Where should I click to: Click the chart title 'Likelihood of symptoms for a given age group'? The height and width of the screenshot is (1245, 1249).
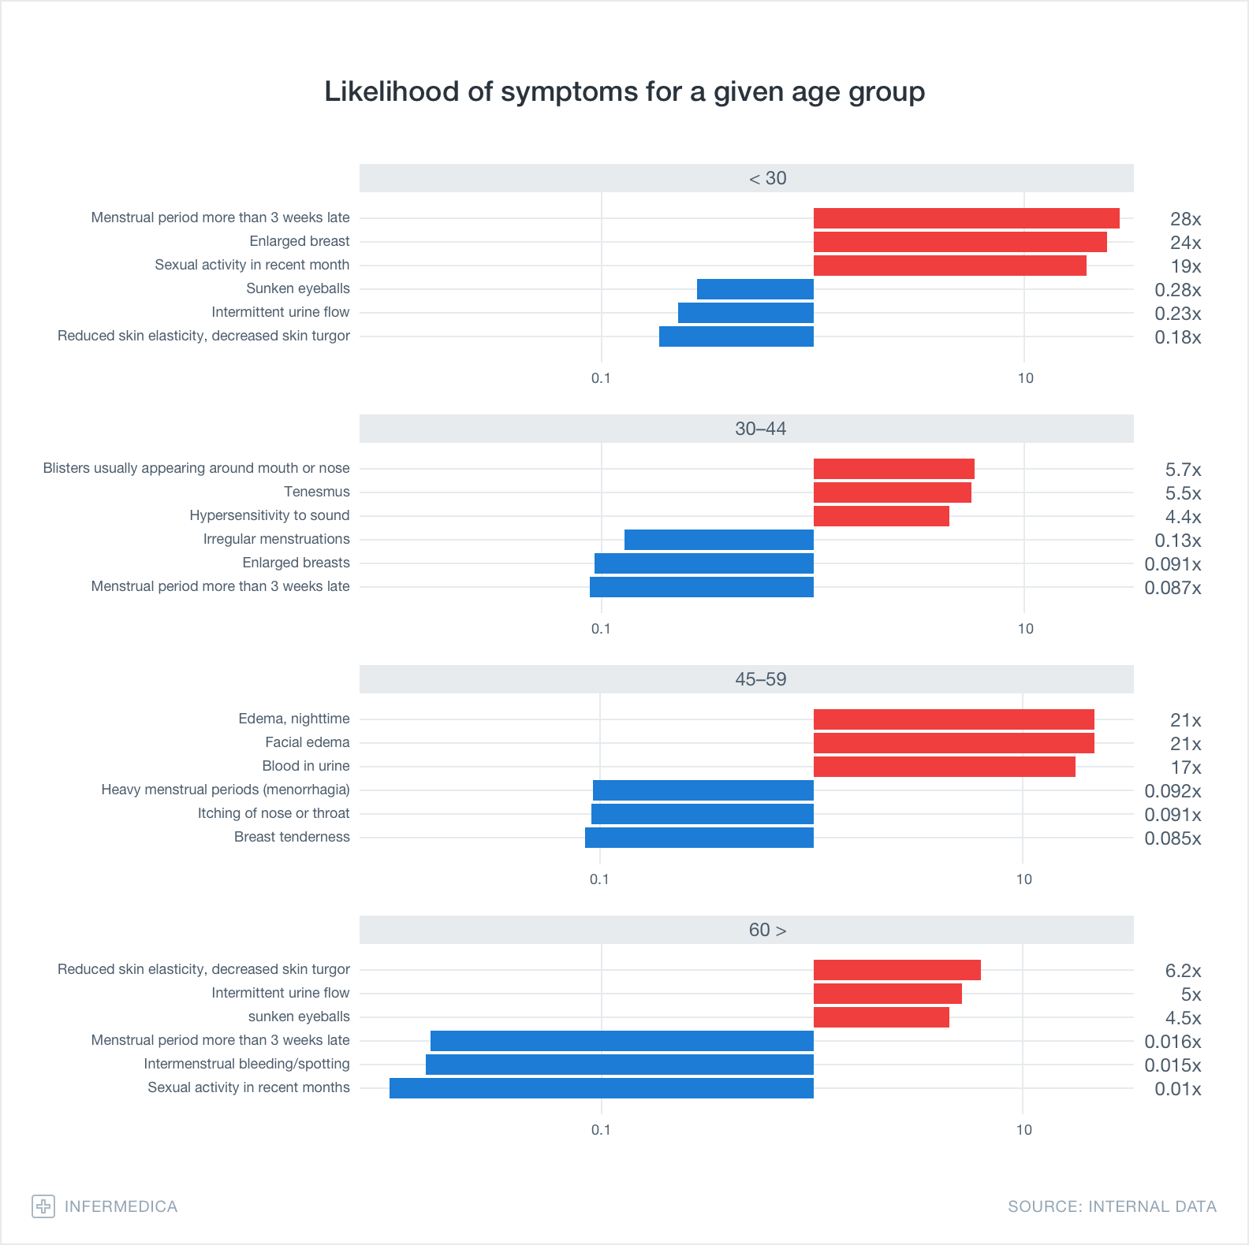pos(624,91)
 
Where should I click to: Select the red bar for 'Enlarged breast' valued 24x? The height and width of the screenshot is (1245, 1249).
pos(960,242)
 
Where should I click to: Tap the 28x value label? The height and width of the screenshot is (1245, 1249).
pos(1185,219)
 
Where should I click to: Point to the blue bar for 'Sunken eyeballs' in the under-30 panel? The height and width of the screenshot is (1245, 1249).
pos(755,289)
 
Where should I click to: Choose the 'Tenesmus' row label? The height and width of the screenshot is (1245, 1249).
pos(316,492)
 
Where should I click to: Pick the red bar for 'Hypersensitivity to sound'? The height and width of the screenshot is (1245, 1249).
pos(881,516)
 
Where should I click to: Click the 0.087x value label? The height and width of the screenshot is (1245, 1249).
pos(1173,588)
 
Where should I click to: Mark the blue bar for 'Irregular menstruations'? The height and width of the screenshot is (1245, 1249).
pos(718,540)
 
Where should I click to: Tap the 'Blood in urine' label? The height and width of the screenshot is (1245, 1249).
pos(306,766)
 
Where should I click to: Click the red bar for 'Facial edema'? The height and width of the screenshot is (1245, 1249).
pos(953,743)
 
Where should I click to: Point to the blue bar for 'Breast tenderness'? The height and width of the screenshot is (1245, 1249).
pos(699,838)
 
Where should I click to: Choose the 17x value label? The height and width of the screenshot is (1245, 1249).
pos(1185,767)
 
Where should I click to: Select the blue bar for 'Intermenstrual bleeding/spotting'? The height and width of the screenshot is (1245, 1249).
pos(619,1065)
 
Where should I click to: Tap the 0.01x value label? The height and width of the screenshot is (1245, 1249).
pos(1177,1089)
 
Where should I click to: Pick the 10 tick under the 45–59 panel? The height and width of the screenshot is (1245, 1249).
pos(1023,879)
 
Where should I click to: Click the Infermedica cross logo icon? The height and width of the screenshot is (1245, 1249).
pos(43,1206)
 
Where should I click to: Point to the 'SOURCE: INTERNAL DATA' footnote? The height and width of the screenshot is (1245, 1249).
pos(1112,1206)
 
